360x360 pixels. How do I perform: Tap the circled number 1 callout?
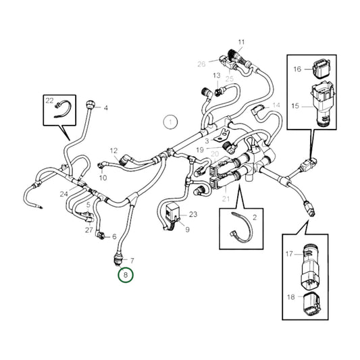pyautogui.click(x=171, y=123)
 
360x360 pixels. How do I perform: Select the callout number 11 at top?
pyautogui.click(x=241, y=43)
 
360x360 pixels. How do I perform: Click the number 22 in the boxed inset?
pyautogui.click(x=49, y=101)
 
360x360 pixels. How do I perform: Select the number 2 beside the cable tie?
pyautogui.click(x=255, y=218)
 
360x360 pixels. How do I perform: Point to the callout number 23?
pyautogui.click(x=194, y=214)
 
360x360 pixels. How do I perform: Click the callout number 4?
pyautogui.click(x=105, y=108)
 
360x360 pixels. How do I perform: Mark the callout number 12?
pyautogui.click(x=113, y=151)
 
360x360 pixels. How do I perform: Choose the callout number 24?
pyautogui.click(x=63, y=195)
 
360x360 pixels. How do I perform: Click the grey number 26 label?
pyautogui.click(x=201, y=64)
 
